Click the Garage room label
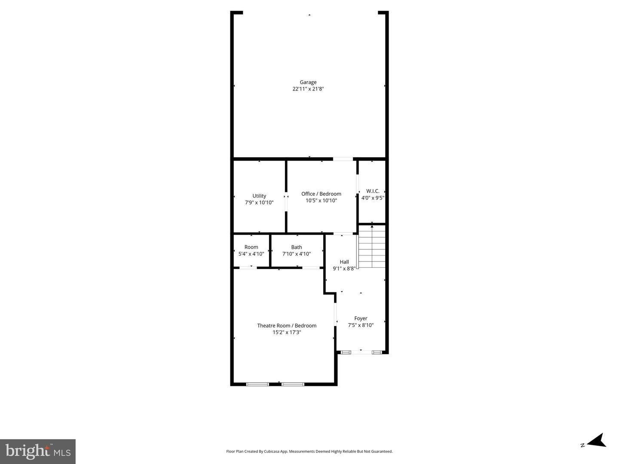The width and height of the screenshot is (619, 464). click(308, 82)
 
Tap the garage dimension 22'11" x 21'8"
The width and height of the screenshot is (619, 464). click(308, 89)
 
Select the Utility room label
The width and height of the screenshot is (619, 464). click(259, 196)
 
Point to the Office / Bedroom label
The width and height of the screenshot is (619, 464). click(321, 194)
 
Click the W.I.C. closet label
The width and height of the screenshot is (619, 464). click(373, 191)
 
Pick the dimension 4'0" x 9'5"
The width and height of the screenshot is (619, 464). click(373, 198)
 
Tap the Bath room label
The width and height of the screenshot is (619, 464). click(297, 247)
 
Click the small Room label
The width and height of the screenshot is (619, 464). click(251, 247)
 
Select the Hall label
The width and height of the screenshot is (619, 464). click(344, 262)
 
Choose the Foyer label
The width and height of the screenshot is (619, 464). click(361, 318)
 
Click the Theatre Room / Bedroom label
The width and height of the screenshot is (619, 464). click(287, 325)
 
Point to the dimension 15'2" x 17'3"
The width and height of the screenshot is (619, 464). click(287, 332)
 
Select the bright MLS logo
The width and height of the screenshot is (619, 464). click(38, 451)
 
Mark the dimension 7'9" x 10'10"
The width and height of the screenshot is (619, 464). click(259, 203)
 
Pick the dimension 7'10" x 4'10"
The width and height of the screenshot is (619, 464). click(297, 254)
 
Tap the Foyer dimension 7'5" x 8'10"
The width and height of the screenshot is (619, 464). click(361, 325)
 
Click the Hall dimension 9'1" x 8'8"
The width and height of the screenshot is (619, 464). click(344, 269)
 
